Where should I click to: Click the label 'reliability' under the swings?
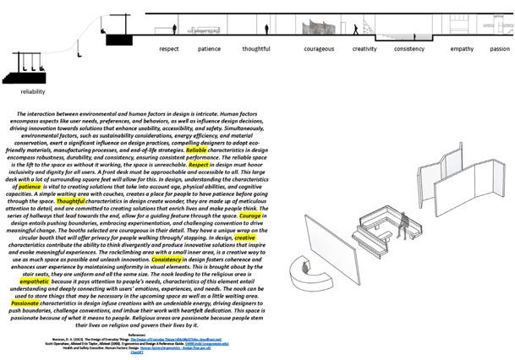click(33, 91)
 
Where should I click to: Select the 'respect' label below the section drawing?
click(169, 49)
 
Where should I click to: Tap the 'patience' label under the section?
click(209, 49)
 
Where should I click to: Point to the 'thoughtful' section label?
click(256, 49)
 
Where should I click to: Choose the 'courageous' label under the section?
click(319, 49)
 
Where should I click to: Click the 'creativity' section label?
click(364, 49)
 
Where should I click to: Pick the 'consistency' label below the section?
click(408, 49)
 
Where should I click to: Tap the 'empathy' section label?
click(462, 49)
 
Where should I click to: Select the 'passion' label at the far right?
click(499, 49)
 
